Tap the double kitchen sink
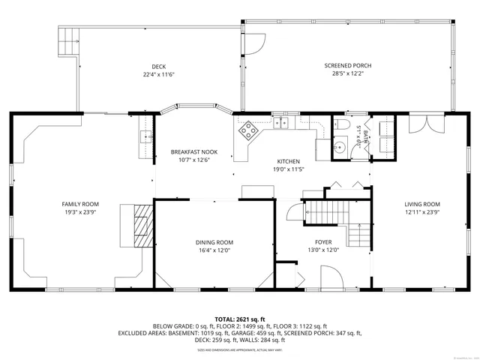point(281,124)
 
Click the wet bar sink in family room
point(145,136)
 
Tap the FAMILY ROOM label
point(80,204)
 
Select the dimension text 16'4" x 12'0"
point(214,250)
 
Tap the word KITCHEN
point(289,161)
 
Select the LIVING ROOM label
point(422,204)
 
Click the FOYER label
point(323,242)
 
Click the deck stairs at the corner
point(69,40)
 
